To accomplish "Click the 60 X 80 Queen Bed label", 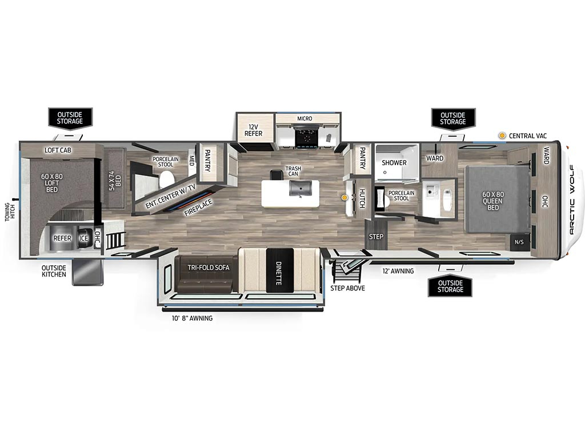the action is [x=493, y=201].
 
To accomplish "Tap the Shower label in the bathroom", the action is [x=394, y=163].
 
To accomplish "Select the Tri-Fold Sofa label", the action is [x=209, y=268].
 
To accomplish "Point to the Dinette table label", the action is [x=278, y=273].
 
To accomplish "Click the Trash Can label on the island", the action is [x=293, y=171].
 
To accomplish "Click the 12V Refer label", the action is [x=253, y=130].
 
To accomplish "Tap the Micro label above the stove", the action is [x=304, y=118].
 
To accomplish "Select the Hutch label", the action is [x=362, y=198].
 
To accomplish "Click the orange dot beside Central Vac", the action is [x=503, y=135].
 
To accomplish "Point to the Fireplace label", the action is [x=198, y=208].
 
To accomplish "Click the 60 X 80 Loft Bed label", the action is [x=52, y=183].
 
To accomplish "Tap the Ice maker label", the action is [x=83, y=238].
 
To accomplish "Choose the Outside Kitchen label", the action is [x=54, y=271].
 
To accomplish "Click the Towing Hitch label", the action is [x=10, y=212].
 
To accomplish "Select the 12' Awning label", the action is [x=398, y=271].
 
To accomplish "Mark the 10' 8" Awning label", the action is [x=192, y=318].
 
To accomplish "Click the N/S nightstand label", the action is [x=519, y=242].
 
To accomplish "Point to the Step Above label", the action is [x=348, y=288].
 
